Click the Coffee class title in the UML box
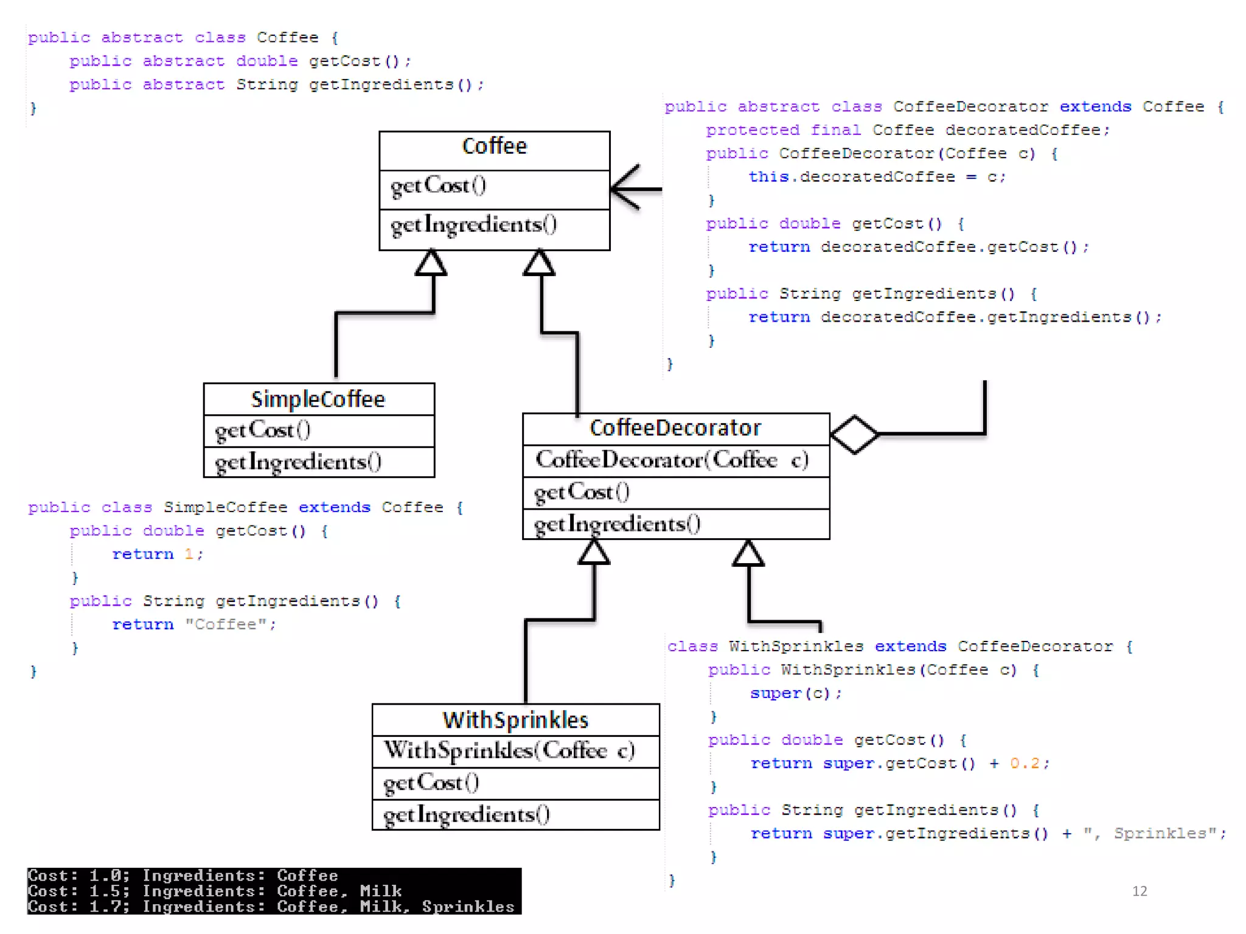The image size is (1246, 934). pos(494,146)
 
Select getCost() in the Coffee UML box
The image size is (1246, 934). pos(438,185)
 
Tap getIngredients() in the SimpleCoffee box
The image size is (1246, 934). pos(298,462)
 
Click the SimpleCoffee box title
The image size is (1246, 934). pos(318,400)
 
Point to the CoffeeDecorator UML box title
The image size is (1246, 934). pos(675,428)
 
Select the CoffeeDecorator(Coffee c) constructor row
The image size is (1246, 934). pos(672,460)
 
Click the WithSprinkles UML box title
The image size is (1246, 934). pos(515,720)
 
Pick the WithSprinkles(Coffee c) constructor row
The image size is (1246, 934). pos(509,750)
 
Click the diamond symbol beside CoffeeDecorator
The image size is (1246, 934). pos(854,434)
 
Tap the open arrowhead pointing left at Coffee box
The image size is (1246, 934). pos(627,189)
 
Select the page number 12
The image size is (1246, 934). pos(1140,891)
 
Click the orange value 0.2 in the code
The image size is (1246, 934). pos(1025,763)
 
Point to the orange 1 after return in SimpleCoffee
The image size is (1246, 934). pos(189,554)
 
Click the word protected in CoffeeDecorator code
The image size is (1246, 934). pos(752,130)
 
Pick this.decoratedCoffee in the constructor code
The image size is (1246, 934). pos(851,177)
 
